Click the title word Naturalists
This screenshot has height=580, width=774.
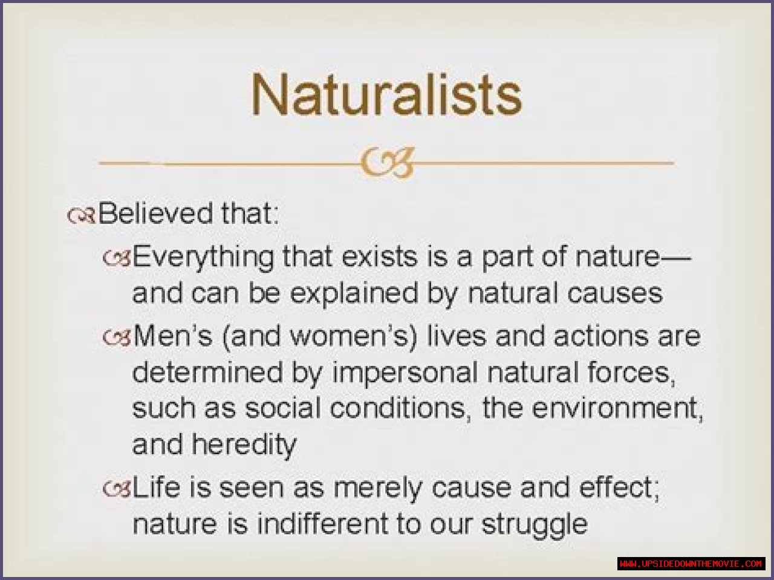(386, 94)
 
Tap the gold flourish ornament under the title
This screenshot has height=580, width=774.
(387, 163)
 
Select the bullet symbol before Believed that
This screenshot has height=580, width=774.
(81, 215)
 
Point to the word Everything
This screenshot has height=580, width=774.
(203, 258)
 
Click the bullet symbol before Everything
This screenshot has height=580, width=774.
(117, 258)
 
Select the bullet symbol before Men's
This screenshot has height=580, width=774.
(117, 337)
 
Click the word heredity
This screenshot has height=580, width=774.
(244, 445)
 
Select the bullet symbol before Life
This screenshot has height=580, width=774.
(117, 488)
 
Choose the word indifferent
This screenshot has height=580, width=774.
(322, 524)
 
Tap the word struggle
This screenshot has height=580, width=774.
(534, 526)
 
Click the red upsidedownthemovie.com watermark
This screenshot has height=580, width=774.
(691, 564)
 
